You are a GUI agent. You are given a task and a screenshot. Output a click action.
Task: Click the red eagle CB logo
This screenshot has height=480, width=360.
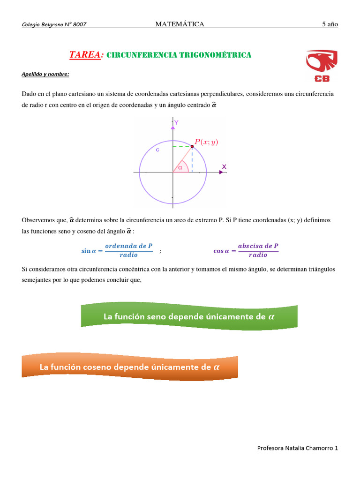321,66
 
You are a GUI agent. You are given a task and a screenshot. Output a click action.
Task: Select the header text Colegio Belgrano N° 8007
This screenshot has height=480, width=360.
54,25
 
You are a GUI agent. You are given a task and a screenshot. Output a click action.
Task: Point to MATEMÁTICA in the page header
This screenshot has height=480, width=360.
180,24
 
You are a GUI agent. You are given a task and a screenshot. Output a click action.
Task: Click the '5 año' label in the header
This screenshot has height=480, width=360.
330,24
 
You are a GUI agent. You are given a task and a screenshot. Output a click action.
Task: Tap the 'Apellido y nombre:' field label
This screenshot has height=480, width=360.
45,74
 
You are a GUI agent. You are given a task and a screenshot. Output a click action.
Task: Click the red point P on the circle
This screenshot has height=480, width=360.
192,146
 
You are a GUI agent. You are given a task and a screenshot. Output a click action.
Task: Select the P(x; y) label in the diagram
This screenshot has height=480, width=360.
207,142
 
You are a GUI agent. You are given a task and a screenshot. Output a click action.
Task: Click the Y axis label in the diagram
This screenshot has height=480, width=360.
176,122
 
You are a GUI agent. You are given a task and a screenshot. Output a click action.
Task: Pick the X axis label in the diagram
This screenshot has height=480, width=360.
224,167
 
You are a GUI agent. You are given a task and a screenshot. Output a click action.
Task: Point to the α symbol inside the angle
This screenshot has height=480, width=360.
180,167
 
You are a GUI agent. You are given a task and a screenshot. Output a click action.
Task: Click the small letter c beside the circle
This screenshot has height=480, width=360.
157,150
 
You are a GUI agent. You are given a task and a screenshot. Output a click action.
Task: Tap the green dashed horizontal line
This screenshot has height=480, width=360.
182,147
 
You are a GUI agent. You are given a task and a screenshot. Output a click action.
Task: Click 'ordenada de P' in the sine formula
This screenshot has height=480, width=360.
129,246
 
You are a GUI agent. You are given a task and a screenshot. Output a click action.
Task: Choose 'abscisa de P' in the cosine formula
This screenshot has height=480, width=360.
258,246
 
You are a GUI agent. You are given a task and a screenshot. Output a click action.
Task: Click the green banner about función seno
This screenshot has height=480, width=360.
189,316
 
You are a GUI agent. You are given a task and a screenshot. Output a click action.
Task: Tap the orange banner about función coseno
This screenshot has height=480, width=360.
130,367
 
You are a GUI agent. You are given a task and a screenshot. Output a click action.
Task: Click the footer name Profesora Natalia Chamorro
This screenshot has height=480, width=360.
297,448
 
